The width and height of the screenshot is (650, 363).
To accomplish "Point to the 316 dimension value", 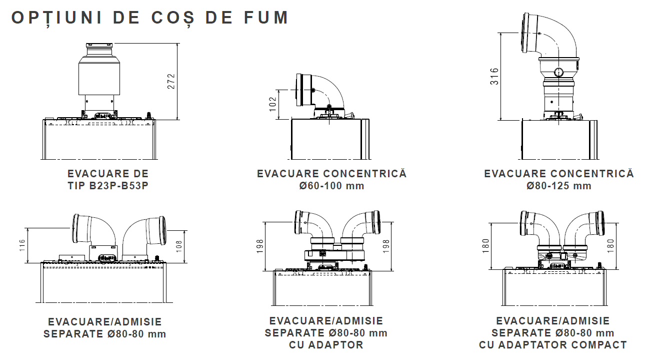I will [x=494, y=77].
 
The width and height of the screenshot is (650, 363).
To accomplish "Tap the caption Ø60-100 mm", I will [x=331, y=186].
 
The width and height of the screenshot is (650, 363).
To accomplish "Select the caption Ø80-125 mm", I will [x=558, y=186].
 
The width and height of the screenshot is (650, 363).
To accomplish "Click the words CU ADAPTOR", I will [x=326, y=344].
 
